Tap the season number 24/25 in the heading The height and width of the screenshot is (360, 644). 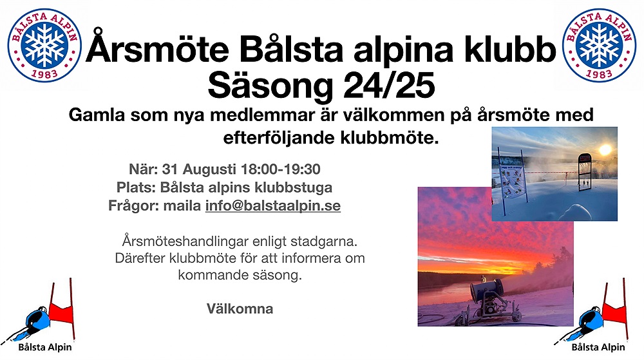389,86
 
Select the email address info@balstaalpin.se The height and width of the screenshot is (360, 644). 272,205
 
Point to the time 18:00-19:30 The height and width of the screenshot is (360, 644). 281,169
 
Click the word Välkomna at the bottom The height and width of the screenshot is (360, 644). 240,308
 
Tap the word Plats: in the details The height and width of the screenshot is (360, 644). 136,187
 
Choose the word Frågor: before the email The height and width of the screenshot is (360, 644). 134,205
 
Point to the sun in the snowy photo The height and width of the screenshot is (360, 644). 605,149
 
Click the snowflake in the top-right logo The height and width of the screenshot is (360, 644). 599,45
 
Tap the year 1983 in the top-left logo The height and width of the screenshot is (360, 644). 44,74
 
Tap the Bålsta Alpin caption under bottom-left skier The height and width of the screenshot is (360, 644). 45,347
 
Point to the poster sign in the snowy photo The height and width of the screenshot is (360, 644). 512,181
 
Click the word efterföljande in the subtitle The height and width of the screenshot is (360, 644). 279,138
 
